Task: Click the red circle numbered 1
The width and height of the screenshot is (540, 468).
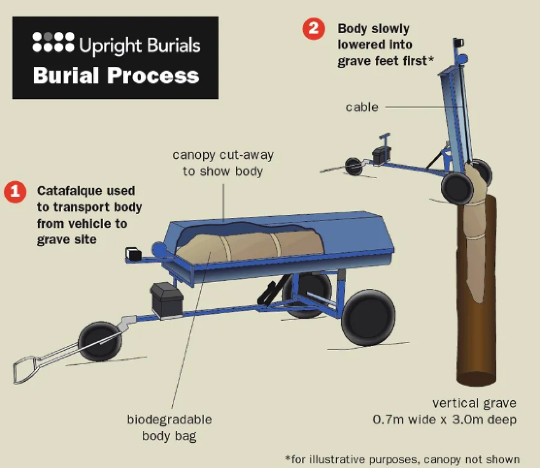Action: (x=15, y=192)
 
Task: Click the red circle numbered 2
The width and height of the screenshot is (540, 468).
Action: (x=313, y=29)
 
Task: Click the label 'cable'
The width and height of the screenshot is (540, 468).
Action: (x=362, y=107)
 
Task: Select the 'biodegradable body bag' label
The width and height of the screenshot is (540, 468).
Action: (x=169, y=428)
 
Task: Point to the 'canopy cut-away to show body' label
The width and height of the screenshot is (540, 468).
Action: (x=223, y=163)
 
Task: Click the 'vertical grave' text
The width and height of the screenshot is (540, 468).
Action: (x=474, y=403)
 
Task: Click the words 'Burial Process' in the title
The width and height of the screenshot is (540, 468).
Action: (x=116, y=75)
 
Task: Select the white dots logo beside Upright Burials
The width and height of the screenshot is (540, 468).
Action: (x=53, y=41)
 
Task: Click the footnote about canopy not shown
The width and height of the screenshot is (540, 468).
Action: (x=402, y=459)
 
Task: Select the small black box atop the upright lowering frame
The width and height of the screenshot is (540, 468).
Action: (x=459, y=44)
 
